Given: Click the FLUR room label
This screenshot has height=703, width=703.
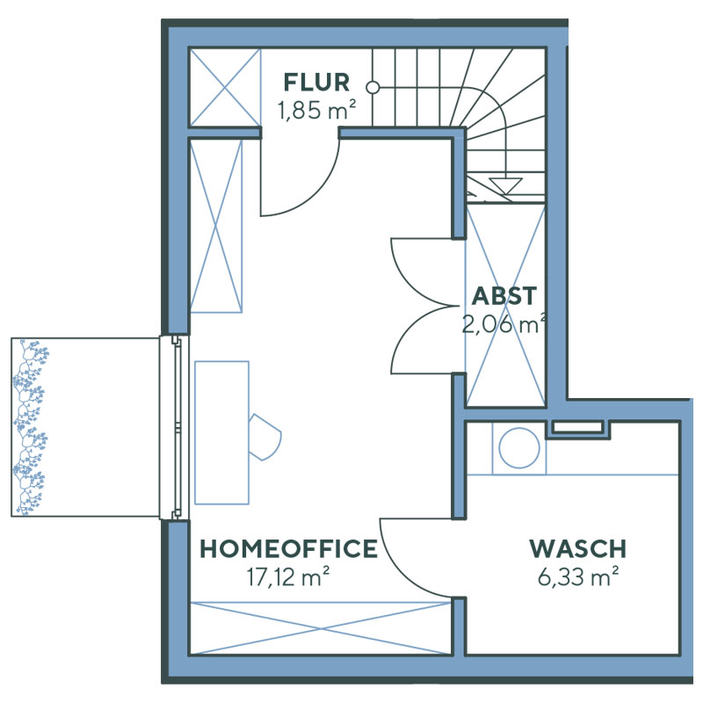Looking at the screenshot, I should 316,83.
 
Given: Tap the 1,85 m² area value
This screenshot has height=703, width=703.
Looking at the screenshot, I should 316,112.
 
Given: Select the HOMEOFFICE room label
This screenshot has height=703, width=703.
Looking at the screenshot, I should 289,550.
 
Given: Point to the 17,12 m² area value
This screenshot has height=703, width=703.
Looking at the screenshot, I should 289,577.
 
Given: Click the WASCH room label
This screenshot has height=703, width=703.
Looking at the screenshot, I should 577,550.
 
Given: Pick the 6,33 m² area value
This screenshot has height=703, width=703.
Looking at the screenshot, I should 577,577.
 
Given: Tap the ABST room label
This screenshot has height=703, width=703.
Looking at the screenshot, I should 504,296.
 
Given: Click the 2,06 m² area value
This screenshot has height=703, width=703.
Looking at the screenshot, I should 504,324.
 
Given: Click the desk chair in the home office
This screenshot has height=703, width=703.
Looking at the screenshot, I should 265,436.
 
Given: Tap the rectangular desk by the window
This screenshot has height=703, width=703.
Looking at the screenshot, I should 221,431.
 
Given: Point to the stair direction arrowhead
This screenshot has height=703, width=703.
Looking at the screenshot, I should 504,185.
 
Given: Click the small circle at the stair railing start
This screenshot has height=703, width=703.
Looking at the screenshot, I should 373,88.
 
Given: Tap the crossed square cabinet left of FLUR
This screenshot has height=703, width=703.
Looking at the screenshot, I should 225,87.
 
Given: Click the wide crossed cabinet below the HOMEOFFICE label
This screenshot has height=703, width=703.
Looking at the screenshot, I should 322,627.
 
